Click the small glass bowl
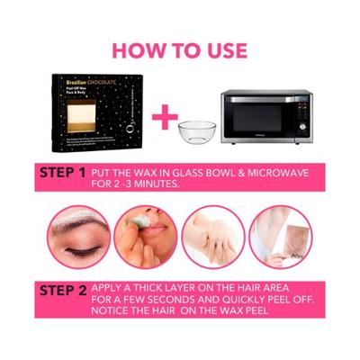[x=196, y=130]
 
